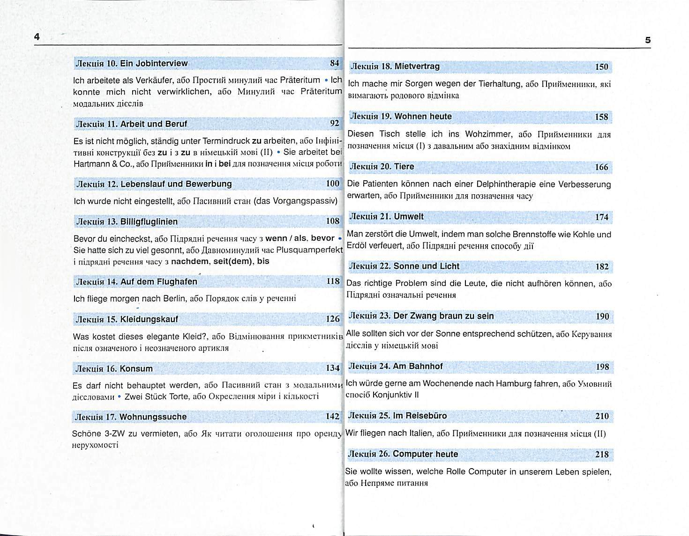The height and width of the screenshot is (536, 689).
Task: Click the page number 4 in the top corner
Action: coord(37,37)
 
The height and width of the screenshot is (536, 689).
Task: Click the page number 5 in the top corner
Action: coord(648,40)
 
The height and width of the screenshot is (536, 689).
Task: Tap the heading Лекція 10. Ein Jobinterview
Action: coord(132,64)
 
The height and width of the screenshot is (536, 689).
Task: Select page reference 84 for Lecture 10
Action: coord(335,63)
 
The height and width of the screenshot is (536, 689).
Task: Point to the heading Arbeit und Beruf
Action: coord(154,124)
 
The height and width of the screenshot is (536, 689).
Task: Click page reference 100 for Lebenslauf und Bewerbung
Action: coord(333,184)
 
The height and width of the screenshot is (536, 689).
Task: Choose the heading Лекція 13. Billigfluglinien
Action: coord(127,221)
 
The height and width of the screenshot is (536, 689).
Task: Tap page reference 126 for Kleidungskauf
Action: coord(333,319)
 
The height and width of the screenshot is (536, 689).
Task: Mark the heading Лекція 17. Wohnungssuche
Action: coord(131,417)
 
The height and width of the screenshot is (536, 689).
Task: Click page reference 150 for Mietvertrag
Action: coord(601,67)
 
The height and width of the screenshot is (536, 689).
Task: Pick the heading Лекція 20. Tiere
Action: coord(382,167)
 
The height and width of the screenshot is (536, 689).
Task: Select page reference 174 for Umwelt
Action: coord(601,217)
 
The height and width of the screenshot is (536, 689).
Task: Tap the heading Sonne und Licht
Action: coord(427,266)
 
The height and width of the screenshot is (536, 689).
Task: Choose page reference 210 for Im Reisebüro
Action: coord(602,416)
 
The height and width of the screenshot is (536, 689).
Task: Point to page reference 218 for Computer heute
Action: coord(602,454)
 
